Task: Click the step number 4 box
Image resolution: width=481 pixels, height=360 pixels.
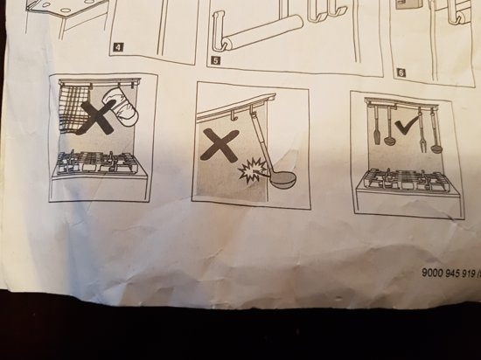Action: (118, 47)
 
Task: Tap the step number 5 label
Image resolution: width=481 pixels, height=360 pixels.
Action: (216, 60)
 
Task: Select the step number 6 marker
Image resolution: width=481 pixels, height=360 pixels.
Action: (401, 73)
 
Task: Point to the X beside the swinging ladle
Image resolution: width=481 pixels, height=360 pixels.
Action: (220, 145)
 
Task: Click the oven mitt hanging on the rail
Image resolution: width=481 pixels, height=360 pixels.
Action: (121, 105)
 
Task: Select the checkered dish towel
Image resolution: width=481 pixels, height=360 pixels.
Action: (74, 108)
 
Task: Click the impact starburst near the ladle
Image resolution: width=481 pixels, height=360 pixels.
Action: (252, 170)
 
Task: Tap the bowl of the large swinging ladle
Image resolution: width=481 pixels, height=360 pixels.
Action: (282, 181)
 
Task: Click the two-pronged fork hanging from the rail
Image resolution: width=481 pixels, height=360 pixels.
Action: (421, 132)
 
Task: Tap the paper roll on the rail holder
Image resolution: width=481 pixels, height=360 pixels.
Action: (263, 31)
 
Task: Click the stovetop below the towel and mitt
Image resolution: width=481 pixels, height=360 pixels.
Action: (98, 163)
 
